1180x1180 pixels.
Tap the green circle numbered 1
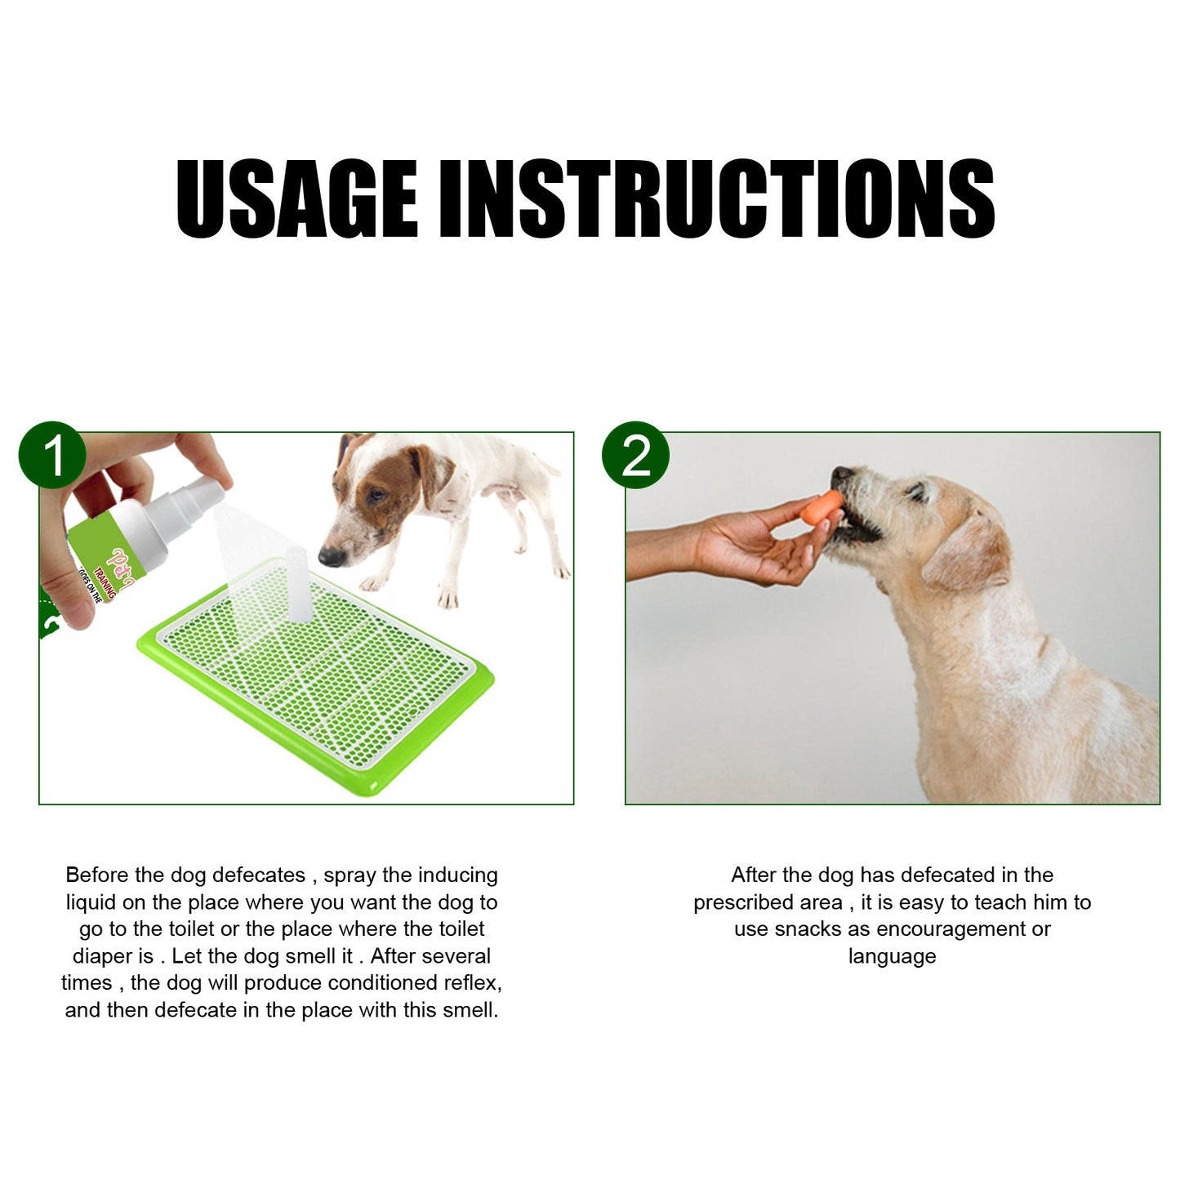pos(52,456)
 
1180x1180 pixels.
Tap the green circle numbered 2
pos(635,456)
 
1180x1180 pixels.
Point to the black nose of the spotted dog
pos(331,557)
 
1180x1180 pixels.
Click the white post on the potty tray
pos(296,583)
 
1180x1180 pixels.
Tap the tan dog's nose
pos(839,474)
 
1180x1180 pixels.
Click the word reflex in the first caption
pos(472,983)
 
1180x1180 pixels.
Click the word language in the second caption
pos(892,957)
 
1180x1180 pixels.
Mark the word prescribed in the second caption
pos(768,902)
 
